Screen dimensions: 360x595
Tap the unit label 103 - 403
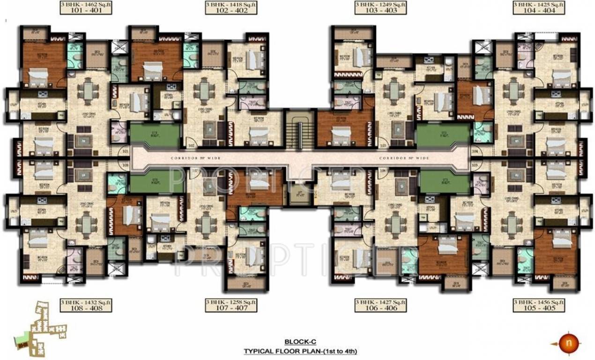tap(380, 11)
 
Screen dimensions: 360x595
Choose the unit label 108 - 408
tap(78, 308)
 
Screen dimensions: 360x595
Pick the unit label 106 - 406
tap(380, 308)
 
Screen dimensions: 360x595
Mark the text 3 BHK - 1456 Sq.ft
tap(537, 301)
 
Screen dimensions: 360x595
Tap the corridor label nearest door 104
tap(404, 158)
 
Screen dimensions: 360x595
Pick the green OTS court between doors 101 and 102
tap(155, 135)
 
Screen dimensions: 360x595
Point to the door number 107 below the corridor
tap(195, 171)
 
